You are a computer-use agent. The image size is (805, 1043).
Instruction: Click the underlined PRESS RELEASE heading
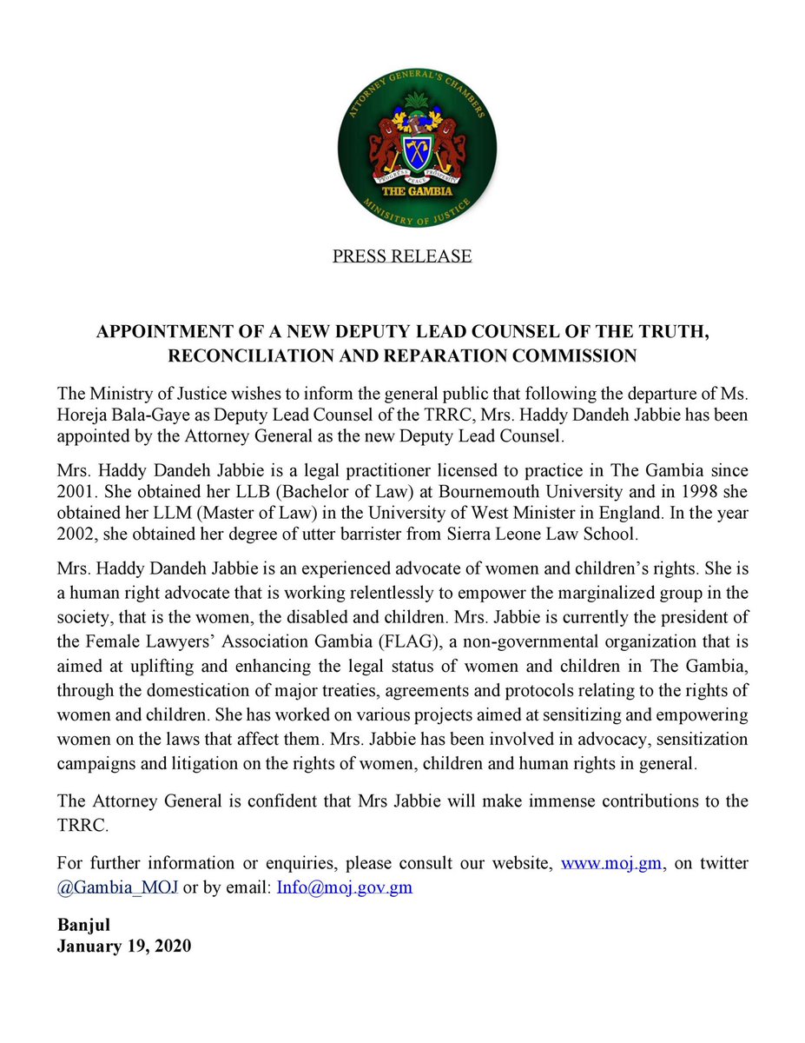pos(402,256)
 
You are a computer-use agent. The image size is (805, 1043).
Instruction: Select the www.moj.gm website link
pos(613,864)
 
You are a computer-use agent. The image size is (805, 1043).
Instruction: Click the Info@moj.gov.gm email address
pos(344,888)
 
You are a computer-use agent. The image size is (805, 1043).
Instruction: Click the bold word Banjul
pos(81,924)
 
